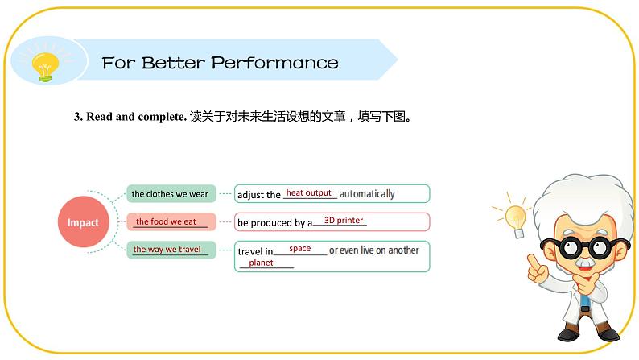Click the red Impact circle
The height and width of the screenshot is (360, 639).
83,222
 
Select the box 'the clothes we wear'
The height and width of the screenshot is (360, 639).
171,194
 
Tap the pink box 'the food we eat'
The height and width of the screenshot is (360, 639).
170,221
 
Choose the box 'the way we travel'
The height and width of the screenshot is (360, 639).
170,250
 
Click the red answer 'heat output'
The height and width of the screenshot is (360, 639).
309,193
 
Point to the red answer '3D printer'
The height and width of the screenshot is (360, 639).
343,221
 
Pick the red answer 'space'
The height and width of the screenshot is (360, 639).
300,249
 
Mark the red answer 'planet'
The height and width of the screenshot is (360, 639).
261,263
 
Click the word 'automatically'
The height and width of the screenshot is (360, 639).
367,194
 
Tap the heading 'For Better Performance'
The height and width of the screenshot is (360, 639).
220,63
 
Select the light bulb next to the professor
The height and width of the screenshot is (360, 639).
514,216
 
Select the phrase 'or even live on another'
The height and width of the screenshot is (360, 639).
374,250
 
